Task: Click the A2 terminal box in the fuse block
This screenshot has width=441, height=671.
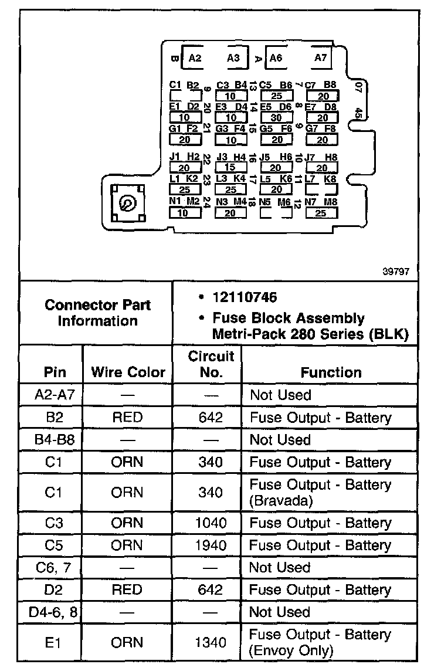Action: [x=195, y=57]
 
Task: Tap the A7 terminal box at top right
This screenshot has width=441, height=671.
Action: [x=320, y=57]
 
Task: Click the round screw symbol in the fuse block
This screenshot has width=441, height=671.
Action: [x=126, y=204]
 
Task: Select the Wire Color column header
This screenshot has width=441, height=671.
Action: [x=128, y=372]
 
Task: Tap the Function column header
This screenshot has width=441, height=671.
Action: [x=331, y=372]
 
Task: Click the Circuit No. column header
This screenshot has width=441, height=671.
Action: [x=211, y=364]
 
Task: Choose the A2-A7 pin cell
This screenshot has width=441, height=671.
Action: [x=53, y=395]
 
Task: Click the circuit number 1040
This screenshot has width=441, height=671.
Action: [x=211, y=523]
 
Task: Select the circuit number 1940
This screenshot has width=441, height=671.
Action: [x=211, y=545]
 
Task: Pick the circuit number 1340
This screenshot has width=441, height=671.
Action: [x=211, y=643]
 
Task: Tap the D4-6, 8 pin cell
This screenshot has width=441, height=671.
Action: [x=54, y=612]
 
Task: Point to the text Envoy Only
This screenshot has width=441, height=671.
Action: [x=290, y=650]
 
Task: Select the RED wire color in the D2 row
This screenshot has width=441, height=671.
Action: [x=127, y=589]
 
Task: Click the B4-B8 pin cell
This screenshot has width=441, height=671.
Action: [x=53, y=440]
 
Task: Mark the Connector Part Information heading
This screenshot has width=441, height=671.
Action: [x=97, y=313]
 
